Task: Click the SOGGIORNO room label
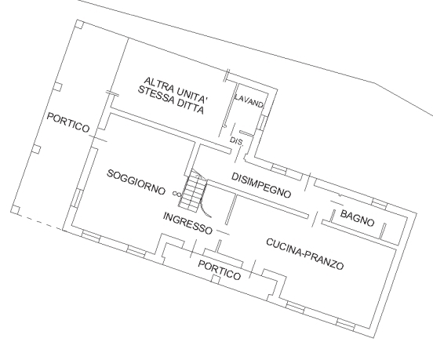[x=136, y=182]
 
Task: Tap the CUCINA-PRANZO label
[x=305, y=254]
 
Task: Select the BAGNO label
[x=358, y=218]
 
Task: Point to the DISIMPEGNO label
[x=261, y=185]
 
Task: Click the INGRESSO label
[x=187, y=223]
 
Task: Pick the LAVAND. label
[x=249, y=100]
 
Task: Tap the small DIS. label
[x=236, y=141]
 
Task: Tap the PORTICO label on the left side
[x=68, y=122]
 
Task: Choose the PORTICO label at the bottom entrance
[x=220, y=271]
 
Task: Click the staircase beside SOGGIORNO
[x=192, y=191]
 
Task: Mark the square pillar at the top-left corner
[x=79, y=24]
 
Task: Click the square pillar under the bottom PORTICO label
[x=216, y=279]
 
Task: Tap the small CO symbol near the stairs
[x=176, y=194]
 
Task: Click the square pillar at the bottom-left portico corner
[x=16, y=210]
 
